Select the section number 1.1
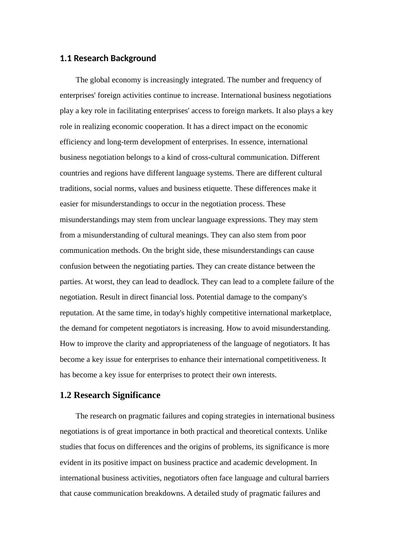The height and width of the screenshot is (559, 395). pyautogui.click(x=66, y=58)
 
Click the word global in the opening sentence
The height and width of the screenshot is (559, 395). pyautogui.click(x=101, y=80)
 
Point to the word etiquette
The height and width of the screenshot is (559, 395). pyautogui.click(x=215, y=188)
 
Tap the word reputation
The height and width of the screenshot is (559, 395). pyautogui.click(x=76, y=313)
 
